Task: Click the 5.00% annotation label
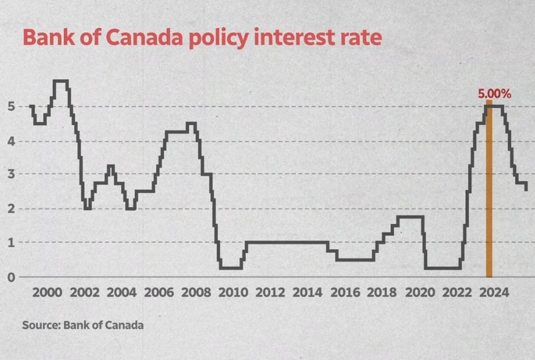pos(494,93)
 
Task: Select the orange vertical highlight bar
pos(489,192)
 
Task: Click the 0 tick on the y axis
pos(11,277)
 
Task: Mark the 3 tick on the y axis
pos(11,174)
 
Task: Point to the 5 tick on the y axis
pos(11,106)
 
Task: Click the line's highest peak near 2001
pos(61,81)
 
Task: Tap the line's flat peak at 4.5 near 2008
pos(191,123)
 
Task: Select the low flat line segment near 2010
pos(230,268)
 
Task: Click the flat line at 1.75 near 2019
pos(410,217)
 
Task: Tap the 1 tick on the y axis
pos(11,243)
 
